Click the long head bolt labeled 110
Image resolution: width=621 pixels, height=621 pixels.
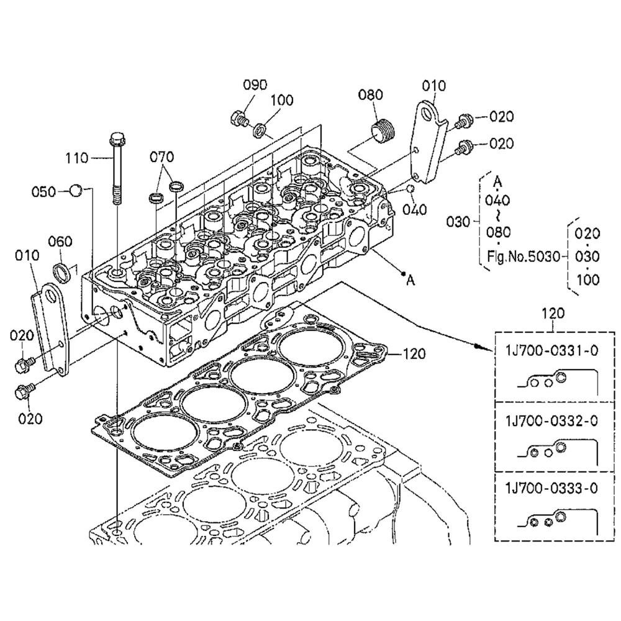pyautogui.click(x=117, y=168)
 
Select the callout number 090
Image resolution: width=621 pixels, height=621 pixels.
pyautogui.click(x=255, y=84)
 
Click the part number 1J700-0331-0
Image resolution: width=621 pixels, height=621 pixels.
pyautogui.click(x=551, y=351)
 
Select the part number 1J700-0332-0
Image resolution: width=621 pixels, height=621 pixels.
pyautogui.click(x=551, y=420)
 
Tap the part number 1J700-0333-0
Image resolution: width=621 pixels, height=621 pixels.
pyautogui.click(x=551, y=488)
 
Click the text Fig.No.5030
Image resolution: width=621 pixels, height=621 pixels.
pyautogui.click(x=524, y=257)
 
